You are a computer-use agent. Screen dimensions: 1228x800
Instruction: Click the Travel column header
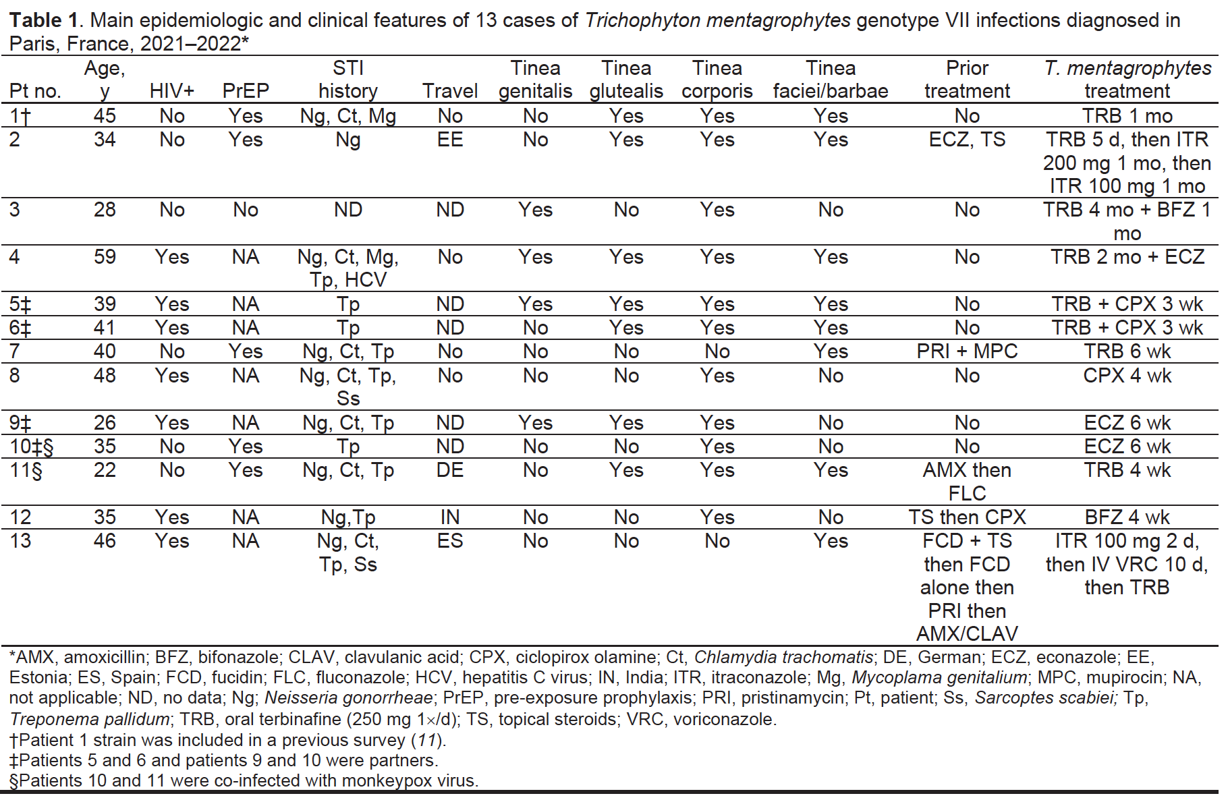450,91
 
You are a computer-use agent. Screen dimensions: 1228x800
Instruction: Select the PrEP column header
246,91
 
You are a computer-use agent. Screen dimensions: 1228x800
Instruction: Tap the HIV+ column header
172,91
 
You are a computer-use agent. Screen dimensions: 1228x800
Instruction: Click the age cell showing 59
105,257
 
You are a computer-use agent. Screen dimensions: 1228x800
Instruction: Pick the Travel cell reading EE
450,140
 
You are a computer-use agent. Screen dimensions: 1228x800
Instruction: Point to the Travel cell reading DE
450,470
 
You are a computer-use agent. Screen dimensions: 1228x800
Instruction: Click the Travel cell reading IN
450,517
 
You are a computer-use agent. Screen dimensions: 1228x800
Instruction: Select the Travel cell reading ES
450,541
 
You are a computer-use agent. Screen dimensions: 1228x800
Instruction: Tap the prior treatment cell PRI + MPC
967,351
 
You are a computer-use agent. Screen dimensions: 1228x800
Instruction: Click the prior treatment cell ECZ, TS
967,140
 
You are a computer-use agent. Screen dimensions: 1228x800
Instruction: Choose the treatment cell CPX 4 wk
1127,376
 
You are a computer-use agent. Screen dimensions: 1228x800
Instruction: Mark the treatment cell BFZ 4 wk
1127,517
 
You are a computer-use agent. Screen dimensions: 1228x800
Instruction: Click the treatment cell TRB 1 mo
1127,116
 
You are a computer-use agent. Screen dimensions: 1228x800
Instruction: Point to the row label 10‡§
32,447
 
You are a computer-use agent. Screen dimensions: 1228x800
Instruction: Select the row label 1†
20,117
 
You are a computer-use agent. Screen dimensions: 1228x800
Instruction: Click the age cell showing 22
105,470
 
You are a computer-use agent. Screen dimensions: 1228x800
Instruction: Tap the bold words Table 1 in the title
44,20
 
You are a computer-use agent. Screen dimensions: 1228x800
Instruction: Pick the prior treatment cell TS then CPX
967,517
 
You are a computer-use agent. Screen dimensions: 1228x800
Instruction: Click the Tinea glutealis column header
626,80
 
